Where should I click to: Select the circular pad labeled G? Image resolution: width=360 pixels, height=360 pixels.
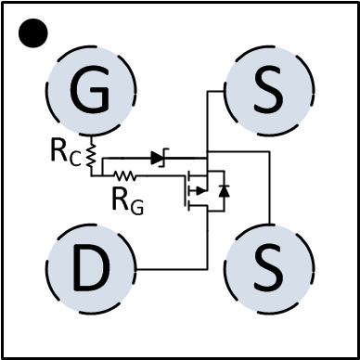91,91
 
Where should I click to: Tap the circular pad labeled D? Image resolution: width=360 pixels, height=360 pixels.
91,269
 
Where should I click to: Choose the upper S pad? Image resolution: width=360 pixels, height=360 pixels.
269,91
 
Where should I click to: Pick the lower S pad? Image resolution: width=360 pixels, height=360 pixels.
269,269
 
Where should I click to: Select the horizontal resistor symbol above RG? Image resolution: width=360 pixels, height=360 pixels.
124,174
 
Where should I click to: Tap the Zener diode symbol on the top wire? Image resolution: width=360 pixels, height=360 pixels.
157,160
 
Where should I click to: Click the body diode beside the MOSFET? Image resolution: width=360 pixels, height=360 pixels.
223,191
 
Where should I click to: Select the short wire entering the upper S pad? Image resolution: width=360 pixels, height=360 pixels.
215,91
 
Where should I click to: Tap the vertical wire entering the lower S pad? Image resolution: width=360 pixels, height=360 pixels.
269,204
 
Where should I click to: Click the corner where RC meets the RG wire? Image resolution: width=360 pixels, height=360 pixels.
92,174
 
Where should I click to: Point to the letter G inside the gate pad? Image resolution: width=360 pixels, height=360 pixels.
91,91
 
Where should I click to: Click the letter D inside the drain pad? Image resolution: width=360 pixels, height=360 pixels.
91,269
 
